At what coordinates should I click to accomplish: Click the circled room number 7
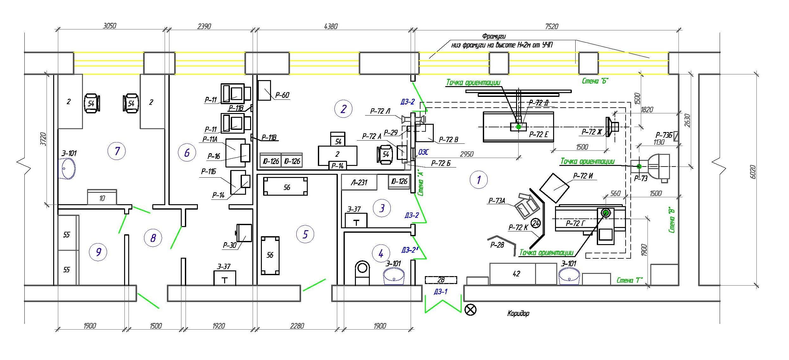coord(117,151)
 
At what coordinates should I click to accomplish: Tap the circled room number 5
coord(305,234)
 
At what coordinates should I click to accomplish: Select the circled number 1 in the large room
coord(478,180)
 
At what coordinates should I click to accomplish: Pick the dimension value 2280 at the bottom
coord(297,326)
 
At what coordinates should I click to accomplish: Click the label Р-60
coord(282,95)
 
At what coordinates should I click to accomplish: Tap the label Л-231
coord(359,183)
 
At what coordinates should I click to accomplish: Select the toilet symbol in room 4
coord(363,273)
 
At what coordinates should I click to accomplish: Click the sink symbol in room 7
coord(67,169)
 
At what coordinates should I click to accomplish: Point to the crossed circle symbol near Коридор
coord(470,309)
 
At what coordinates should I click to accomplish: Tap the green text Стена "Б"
coord(595,81)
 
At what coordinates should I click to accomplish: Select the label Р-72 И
coord(583,176)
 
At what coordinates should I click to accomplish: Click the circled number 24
coord(536,224)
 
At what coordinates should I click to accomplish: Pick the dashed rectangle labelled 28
coord(441,280)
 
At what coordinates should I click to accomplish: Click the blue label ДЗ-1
coord(441,292)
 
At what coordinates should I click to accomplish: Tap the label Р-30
coord(230,245)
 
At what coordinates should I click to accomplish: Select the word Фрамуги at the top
coord(494,36)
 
